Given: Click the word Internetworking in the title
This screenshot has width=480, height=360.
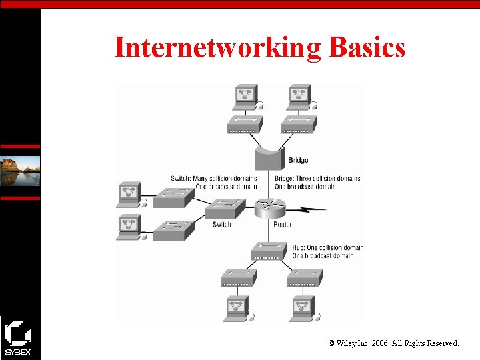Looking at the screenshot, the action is [217, 47].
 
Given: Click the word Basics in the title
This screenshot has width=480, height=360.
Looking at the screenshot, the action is [366, 47].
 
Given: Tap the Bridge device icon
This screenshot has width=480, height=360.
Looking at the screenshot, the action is [269, 159].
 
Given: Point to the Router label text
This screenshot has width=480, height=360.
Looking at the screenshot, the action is [282, 225].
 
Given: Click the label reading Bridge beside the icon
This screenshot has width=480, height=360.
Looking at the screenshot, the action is [298, 160].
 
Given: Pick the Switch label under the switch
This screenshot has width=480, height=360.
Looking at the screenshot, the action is [222, 225].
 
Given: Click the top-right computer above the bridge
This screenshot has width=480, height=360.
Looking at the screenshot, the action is [299, 97].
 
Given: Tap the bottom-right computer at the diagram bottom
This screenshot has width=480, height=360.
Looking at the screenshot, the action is [302, 308].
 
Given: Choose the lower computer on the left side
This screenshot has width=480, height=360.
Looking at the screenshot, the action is [129, 227].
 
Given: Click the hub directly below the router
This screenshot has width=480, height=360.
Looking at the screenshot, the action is [270, 250].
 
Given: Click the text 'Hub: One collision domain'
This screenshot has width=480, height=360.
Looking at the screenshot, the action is [327, 248].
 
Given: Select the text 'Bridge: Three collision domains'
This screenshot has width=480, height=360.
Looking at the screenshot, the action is [317, 179].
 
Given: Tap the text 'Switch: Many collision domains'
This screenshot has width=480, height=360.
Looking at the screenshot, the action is [213, 179].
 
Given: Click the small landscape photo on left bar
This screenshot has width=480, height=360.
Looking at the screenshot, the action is [20, 171].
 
